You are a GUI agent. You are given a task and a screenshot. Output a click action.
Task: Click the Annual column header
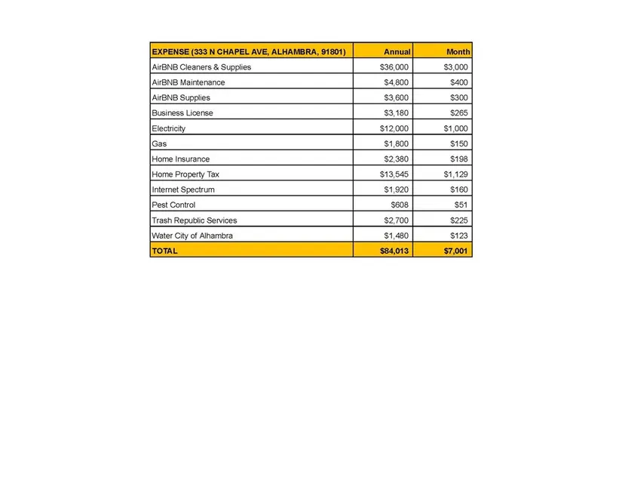[397, 52]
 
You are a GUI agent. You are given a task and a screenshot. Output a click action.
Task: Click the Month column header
[458, 52]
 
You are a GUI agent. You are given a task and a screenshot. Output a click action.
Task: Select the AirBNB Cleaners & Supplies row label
[201, 67]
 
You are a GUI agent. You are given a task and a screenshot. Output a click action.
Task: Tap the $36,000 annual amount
[394, 67]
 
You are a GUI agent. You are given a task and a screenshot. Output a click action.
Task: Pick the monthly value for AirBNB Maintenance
[458, 82]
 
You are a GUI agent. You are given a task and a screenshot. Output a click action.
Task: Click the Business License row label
[182, 113]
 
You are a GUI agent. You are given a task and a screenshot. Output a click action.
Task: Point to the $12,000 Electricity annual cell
[394, 128]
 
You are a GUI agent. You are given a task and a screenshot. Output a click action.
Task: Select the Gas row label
[159, 143]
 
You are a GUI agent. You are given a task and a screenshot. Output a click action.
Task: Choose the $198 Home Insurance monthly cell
[458, 159]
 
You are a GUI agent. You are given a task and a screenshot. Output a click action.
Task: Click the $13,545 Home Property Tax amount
[394, 174]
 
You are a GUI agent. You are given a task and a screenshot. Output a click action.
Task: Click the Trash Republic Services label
[194, 220]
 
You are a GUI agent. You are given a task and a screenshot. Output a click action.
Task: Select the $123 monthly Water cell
[458, 236]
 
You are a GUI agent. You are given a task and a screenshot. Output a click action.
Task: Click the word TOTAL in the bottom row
[164, 251]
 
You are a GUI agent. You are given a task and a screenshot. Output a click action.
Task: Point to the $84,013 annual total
[394, 251]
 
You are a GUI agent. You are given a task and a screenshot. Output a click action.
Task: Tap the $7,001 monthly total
[456, 251]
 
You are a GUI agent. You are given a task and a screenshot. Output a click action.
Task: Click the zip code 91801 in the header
[329, 52]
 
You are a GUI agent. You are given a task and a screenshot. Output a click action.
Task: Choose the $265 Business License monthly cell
[458, 113]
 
